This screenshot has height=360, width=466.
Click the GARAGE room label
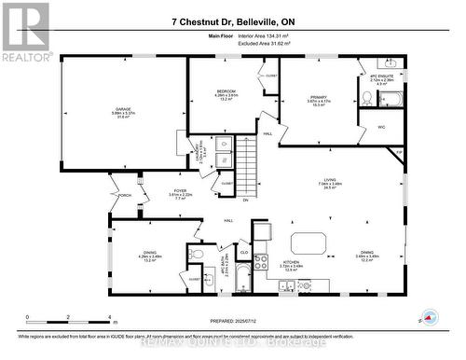122,110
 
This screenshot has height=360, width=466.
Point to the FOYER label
180,191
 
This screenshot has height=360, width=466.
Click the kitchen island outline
308,243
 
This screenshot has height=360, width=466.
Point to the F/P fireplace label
399,152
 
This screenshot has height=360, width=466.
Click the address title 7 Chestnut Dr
233,21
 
